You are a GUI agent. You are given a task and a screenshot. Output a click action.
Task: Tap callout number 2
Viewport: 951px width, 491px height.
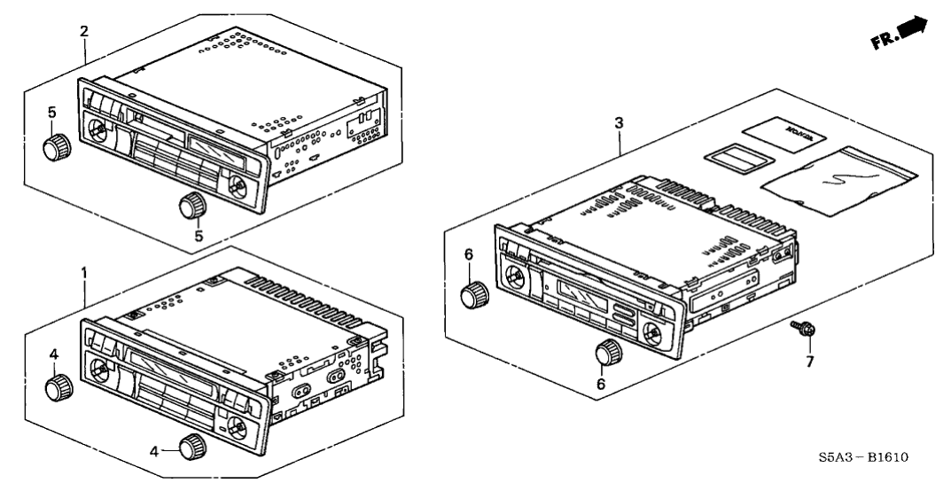point(84,31)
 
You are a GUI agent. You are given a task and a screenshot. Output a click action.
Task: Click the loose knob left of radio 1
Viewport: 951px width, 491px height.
point(58,386)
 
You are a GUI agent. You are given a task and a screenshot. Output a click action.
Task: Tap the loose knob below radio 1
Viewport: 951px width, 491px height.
point(191,448)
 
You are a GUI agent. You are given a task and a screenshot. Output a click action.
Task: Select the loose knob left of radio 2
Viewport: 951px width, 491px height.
point(59,144)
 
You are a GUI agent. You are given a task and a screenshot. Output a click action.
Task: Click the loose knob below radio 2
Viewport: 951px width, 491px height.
point(191,207)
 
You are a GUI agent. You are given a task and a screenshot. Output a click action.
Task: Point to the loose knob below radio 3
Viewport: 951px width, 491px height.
point(607,352)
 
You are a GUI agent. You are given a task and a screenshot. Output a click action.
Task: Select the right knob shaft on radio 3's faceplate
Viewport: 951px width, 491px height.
point(651,332)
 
